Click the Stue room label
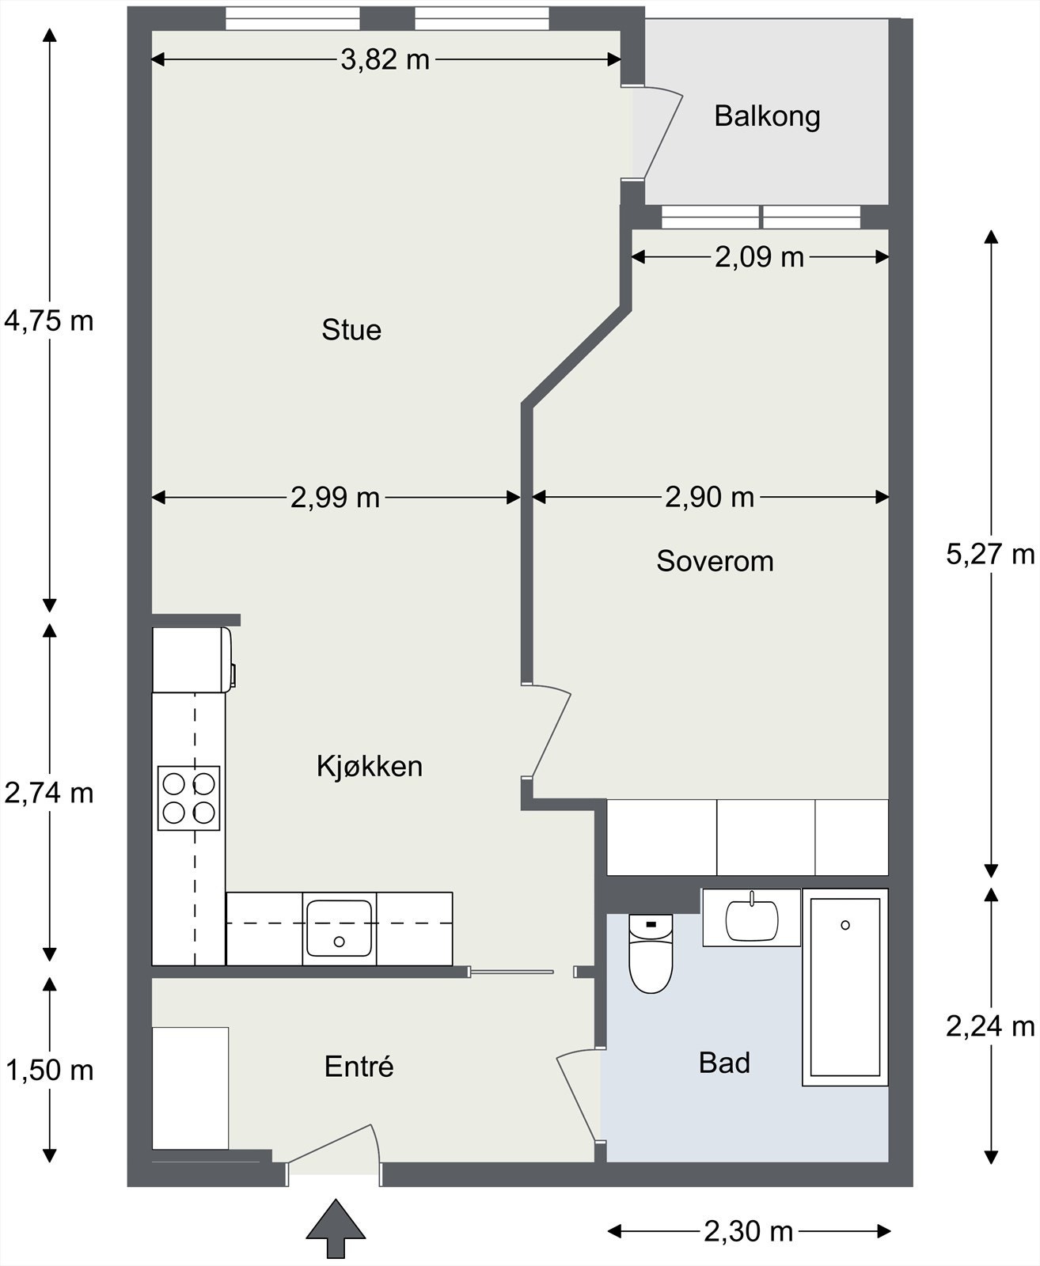[351, 330]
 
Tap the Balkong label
[767, 116]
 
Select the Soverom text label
[715, 561]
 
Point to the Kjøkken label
[370, 767]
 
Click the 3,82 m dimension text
[385, 60]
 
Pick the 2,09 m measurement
[759, 257]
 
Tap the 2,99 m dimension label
[335, 498]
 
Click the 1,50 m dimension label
[49, 1071]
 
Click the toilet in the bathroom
[651, 954]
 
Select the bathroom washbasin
[752, 919]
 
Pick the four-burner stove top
[188, 798]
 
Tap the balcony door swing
[658, 132]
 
